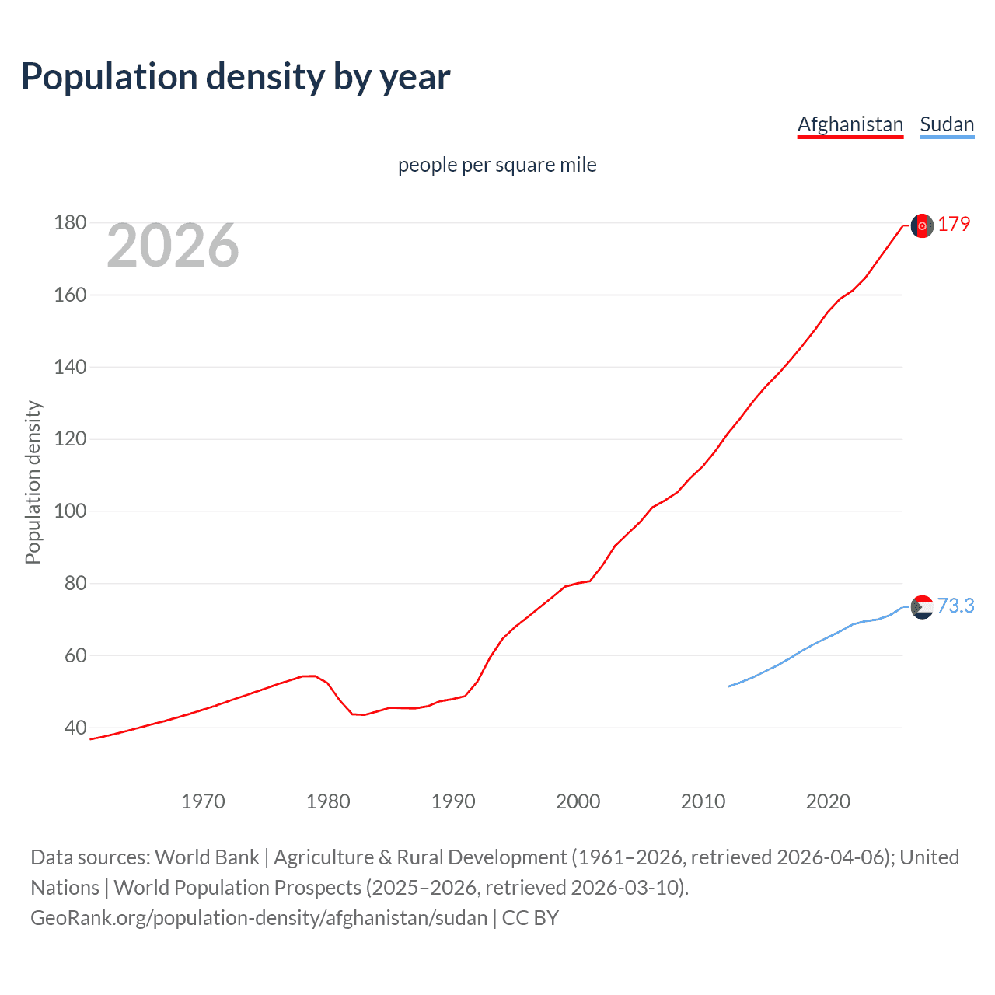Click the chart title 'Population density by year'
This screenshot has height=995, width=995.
click(236, 77)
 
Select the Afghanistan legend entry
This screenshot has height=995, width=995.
click(850, 124)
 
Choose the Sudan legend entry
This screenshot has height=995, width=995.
click(946, 124)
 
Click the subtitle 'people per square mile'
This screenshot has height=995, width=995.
click(497, 165)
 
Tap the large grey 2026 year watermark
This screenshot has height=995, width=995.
click(173, 246)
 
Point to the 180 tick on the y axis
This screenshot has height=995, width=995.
click(70, 223)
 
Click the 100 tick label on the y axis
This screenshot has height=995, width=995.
click(70, 511)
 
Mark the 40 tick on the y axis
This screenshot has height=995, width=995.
click(75, 728)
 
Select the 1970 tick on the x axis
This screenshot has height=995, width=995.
click(203, 801)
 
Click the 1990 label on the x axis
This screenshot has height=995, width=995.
click(453, 801)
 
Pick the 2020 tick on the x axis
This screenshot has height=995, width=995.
click(828, 801)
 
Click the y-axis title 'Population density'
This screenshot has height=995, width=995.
click(33, 482)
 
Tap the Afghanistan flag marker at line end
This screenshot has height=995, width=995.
click(922, 225)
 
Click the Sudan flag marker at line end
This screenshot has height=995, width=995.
click(922, 607)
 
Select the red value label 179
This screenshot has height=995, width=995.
click(954, 224)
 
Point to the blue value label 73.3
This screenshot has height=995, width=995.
click(955, 606)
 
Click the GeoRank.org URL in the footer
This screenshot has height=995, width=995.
click(259, 917)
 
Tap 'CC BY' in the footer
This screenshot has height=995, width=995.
click(530, 917)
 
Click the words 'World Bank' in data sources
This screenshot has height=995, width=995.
click(207, 857)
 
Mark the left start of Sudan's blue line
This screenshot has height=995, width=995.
click(729, 686)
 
